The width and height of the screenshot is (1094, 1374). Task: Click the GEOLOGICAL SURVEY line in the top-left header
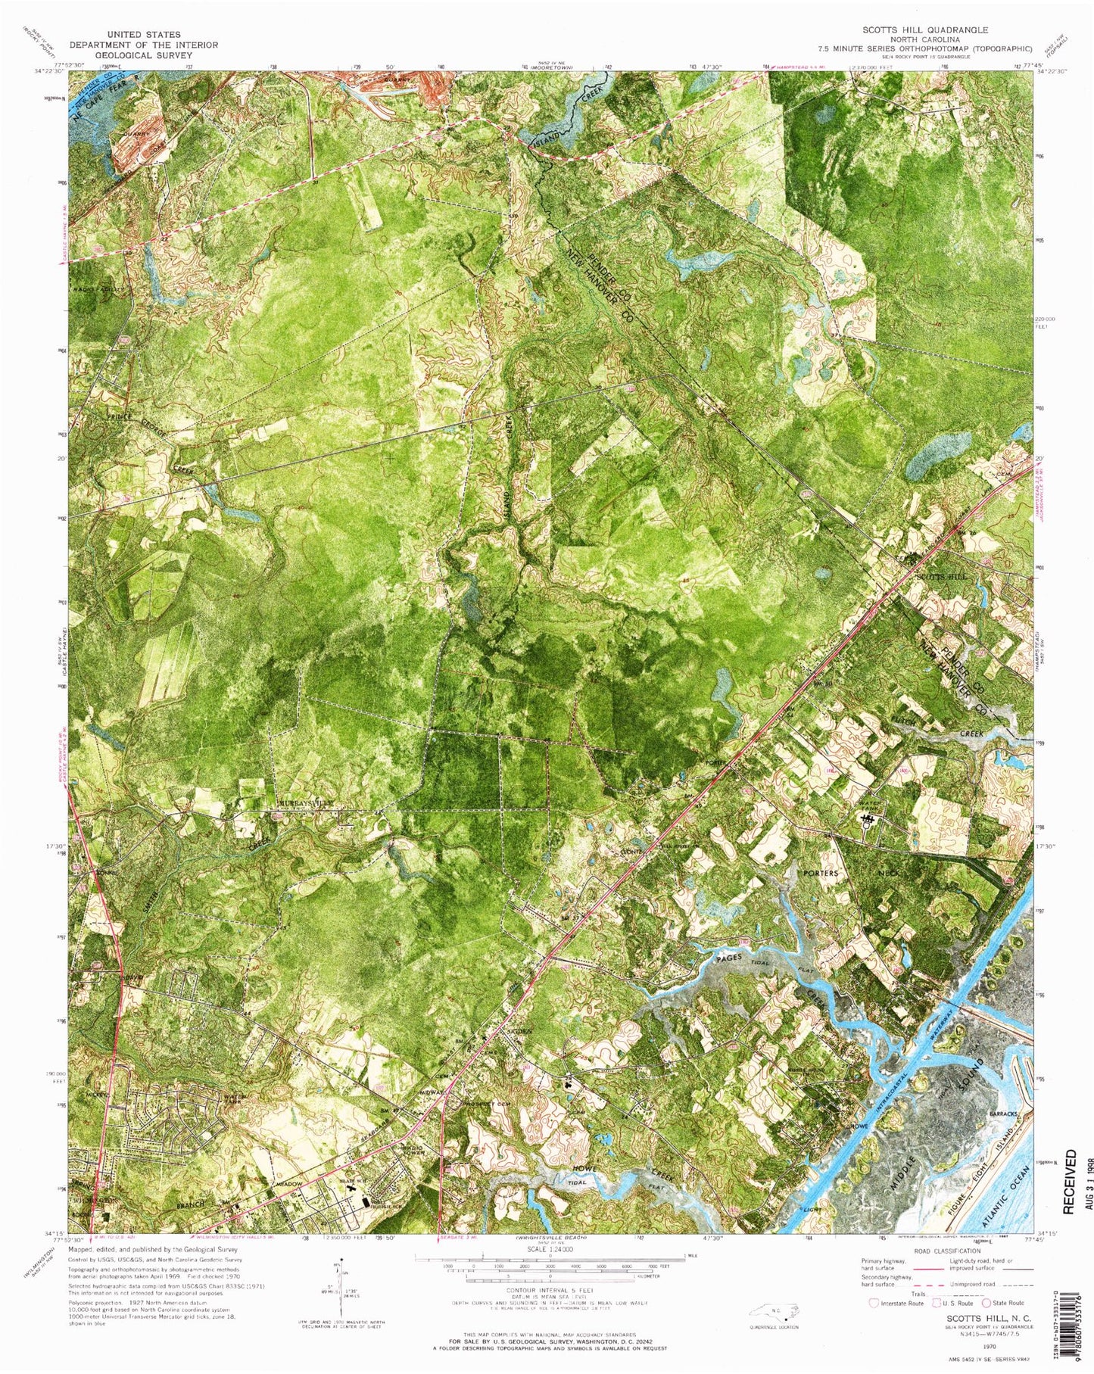click(144, 55)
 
